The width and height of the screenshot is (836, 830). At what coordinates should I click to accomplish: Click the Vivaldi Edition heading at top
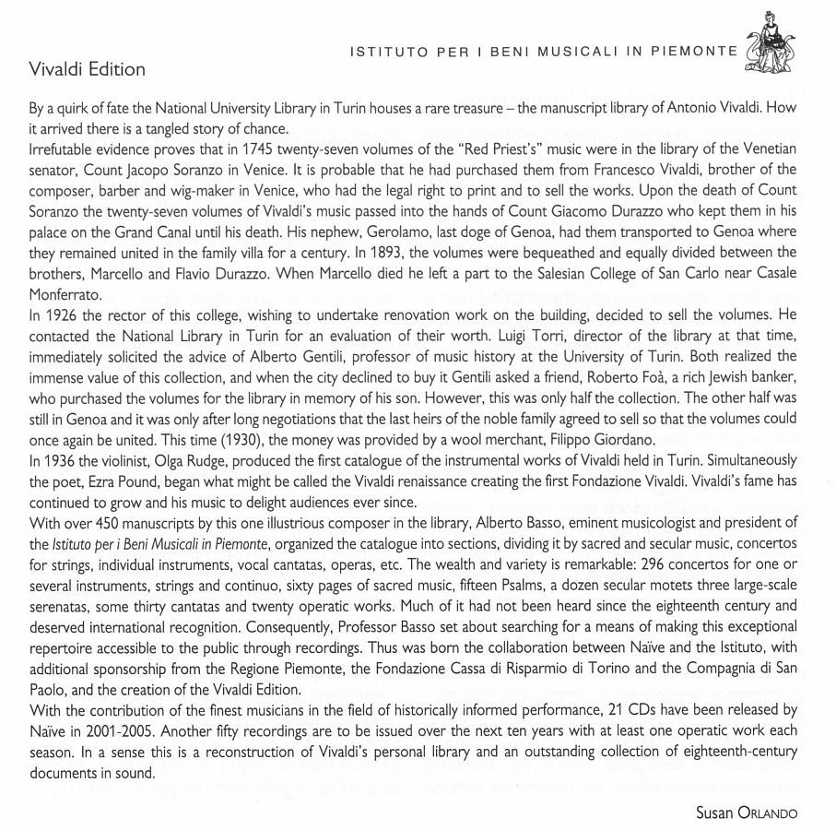coord(87,70)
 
